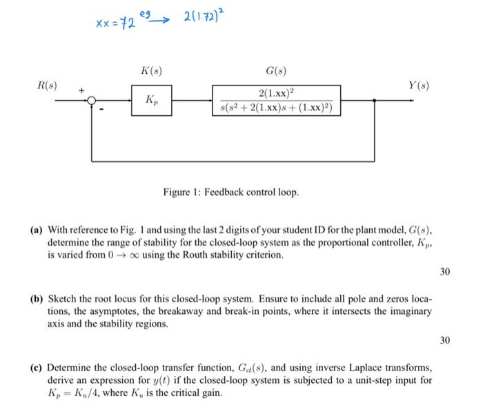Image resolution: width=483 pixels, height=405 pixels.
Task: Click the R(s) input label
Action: (x=47, y=86)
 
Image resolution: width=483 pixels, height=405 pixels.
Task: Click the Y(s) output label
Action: (x=418, y=86)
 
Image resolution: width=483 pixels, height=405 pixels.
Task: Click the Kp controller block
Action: (x=151, y=100)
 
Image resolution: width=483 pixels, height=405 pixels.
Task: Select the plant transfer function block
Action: (x=277, y=100)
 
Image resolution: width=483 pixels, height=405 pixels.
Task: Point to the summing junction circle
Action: (x=92, y=101)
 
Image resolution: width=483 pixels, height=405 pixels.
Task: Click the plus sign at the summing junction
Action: (x=81, y=90)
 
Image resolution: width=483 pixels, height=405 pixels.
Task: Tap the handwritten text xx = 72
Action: (x=113, y=23)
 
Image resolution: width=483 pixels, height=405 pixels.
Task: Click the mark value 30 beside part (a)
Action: (x=444, y=272)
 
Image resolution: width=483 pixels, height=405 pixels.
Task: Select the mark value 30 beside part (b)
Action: (x=444, y=340)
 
